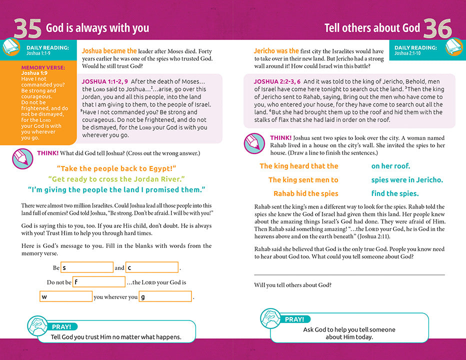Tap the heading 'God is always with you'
tap(97, 28)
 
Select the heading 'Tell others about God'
tap(371, 28)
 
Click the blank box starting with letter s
tap(86, 267)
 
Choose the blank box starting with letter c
tap(152, 267)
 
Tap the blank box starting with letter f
tap(98, 282)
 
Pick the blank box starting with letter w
tap(66, 296)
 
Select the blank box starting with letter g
tap(165, 296)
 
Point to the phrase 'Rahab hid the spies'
tap(305, 193)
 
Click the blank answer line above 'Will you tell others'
tap(349, 274)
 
